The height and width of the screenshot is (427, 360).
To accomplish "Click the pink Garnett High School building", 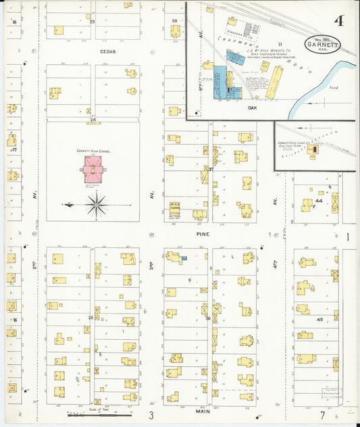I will pos(92,170).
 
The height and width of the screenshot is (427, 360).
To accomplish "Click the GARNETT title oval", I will pos(323,44).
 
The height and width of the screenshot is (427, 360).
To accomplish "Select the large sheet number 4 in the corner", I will pos(338,21).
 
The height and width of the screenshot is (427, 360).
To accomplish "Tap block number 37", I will pos(210,169).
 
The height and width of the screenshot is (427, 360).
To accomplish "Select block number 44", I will pos(317,201).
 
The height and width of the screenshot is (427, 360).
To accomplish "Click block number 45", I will pos(320,320).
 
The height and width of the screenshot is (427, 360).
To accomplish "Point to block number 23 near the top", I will pos(92,22).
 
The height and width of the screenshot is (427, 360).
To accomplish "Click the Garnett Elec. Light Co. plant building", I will pos(312,151).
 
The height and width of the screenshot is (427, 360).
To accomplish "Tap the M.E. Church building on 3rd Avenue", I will pos(174,208).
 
